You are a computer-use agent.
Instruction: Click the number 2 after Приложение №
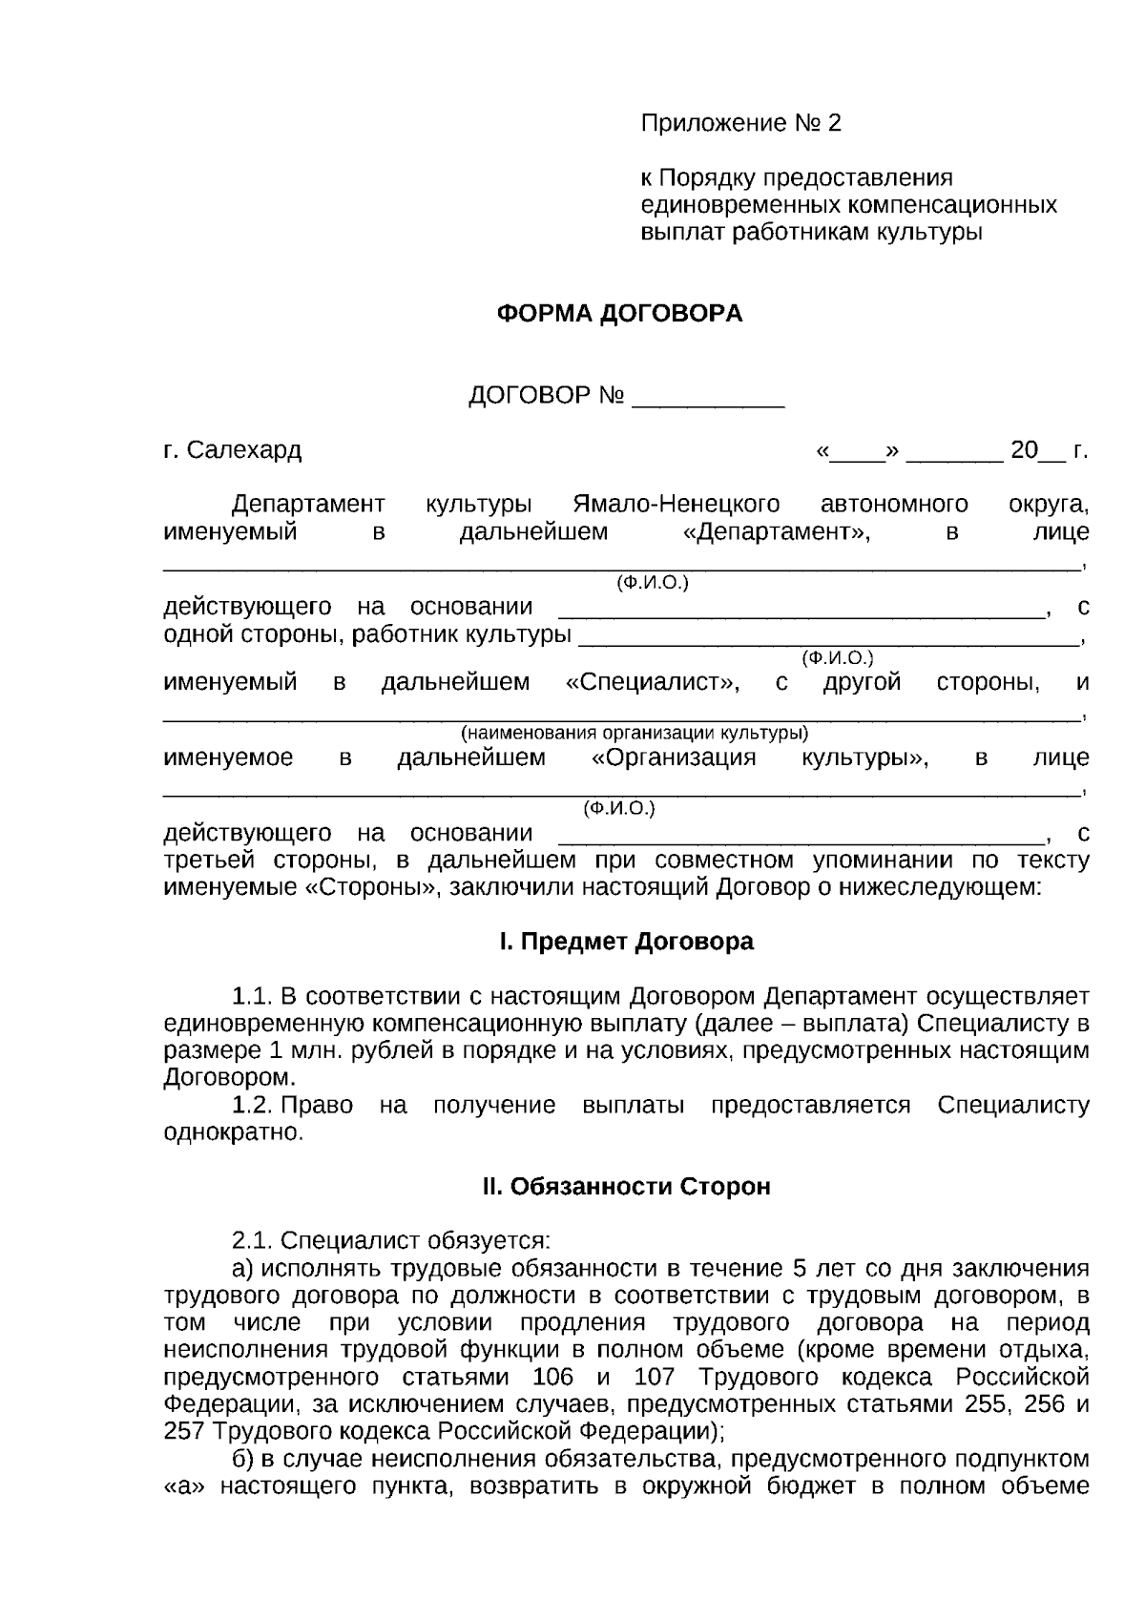coord(835,123)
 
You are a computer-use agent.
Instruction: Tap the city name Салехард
coord(244,450)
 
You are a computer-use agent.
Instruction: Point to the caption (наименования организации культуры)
coord(635,734)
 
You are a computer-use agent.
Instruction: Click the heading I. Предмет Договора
coord(626,942)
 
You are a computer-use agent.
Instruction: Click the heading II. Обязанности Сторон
coord(626,1187)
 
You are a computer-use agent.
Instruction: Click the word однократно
coord(233,1133)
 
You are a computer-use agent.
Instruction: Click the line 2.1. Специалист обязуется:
coord(391,1241)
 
